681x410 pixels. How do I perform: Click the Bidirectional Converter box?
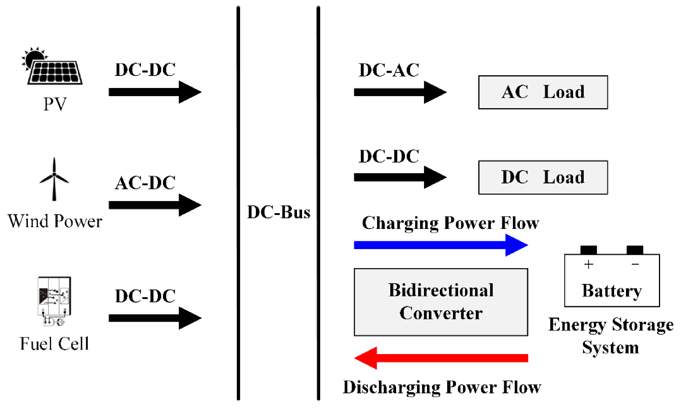(440, 302)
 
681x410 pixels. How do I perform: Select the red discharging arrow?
(440, 358)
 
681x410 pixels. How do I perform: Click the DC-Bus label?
(278, 212)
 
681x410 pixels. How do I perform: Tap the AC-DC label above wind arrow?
(145, 183)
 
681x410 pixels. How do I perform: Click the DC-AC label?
(388, 70)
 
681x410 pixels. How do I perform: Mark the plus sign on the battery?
(588, 264)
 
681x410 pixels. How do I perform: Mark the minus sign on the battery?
(635, 264)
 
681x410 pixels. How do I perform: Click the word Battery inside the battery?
(611, 291)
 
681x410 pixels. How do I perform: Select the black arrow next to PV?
(155, 92)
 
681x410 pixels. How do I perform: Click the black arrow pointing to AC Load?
(400, 92)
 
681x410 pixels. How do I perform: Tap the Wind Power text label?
(55, 221)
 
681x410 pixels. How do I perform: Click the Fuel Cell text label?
(54, 344)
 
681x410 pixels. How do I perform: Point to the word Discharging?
(391, 387)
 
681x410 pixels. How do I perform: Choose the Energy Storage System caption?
(611, 335)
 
